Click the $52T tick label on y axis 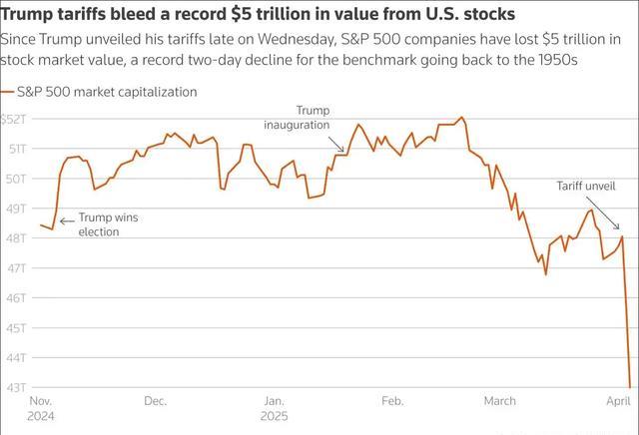(15, 119)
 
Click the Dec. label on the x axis (155, 401)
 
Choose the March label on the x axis (500, 401)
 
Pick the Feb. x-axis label (392, 401)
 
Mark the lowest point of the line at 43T (630, 387)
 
